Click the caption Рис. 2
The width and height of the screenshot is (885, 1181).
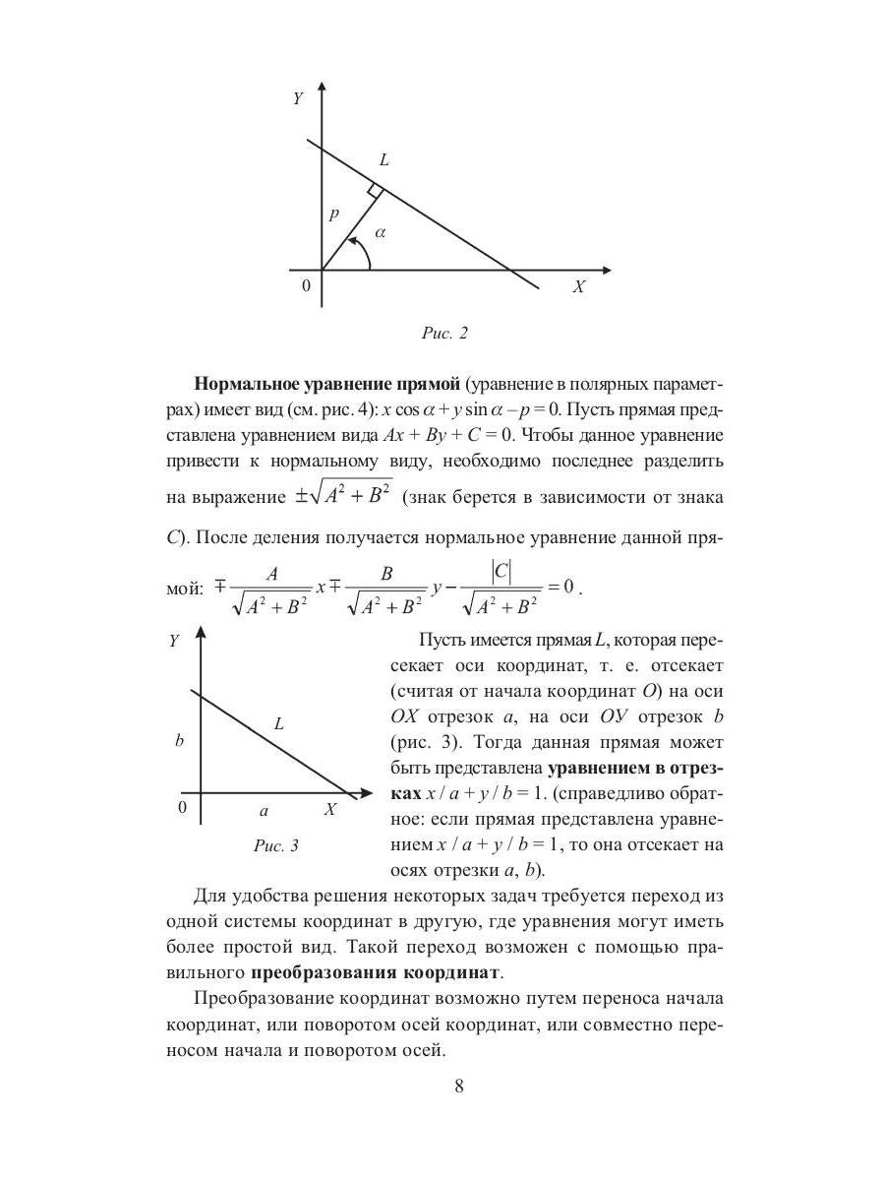(444, 334)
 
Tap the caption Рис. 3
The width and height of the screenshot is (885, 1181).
(276, 844)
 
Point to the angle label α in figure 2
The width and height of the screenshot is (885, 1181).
(382, 233)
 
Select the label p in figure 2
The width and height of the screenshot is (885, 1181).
(333, 213)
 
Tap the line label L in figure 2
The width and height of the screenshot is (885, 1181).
(383, 159)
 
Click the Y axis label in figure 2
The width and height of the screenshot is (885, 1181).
(297, 98)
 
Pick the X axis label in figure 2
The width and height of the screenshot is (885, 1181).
(579, 287)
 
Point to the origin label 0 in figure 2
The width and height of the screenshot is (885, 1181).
(306, 286)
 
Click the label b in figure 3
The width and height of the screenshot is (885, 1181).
(179, 740)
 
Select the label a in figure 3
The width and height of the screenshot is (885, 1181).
(264, 811)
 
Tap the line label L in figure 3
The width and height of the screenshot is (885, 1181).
(279, 724)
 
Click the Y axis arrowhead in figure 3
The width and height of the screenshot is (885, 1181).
(201, 632)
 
